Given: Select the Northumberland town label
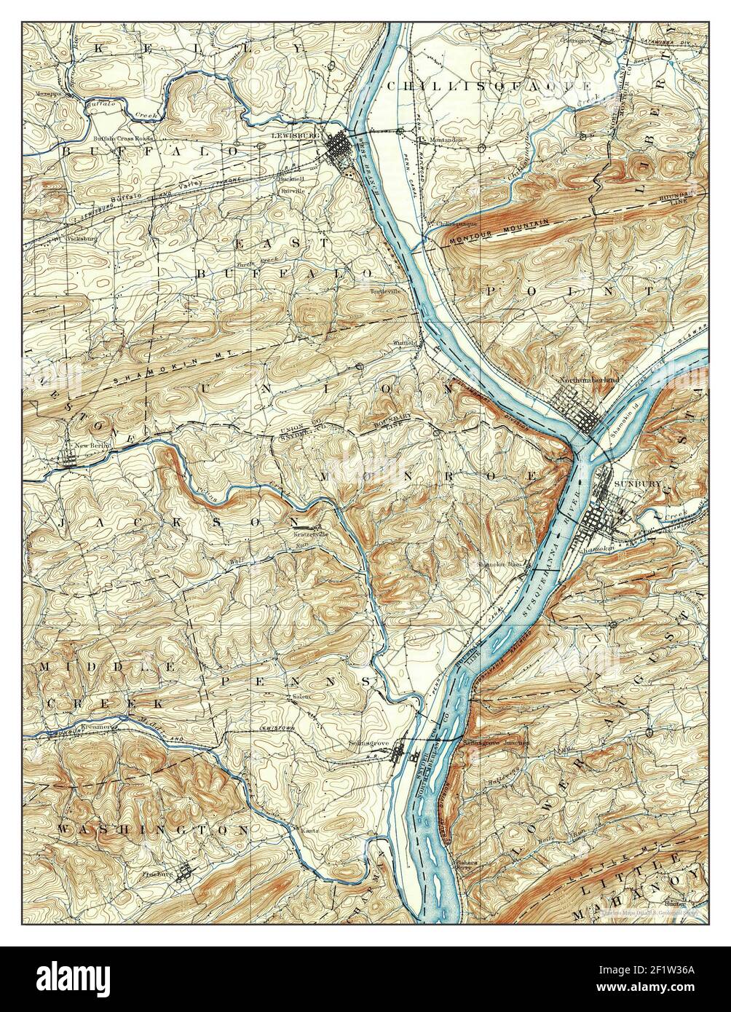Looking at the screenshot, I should click(x=589, y=380).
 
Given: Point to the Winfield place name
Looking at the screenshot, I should click(x=404, y=342).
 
